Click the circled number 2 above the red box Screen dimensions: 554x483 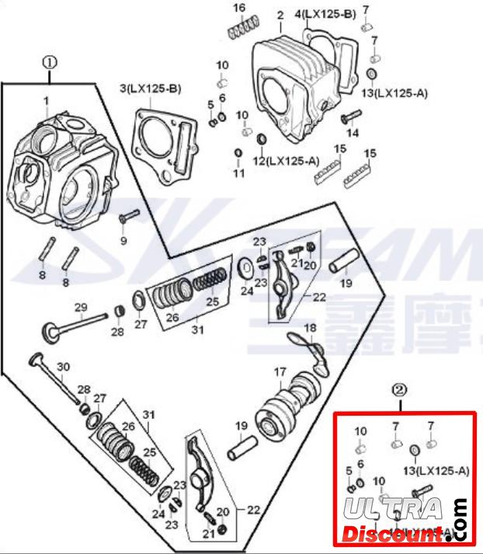[399, 388]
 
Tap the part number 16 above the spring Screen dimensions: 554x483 [240, 8]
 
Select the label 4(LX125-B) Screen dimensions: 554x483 [325, 15]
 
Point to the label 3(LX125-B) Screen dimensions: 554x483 [150, 89]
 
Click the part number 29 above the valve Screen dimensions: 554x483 [80, 308]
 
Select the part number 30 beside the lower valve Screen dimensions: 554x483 [64, 367]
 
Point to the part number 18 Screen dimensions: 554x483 [310, 329]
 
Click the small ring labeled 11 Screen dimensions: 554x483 [238, 152]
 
